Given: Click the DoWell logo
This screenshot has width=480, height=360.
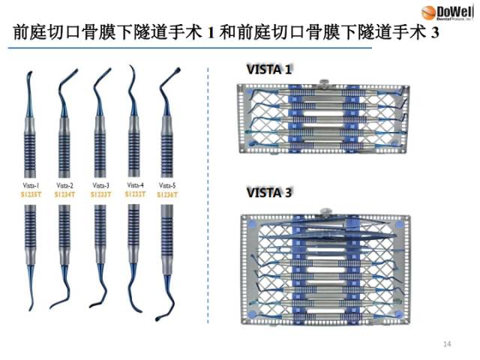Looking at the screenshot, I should [x=448, y=13].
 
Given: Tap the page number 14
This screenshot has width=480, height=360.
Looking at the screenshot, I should [x=448, y=344].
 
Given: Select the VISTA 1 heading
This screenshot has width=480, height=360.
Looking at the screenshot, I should [x=269, y=70].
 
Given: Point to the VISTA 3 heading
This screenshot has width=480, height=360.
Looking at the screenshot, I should [x=269, y=193].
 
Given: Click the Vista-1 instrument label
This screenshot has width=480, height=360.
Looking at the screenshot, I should [x=31, y=184].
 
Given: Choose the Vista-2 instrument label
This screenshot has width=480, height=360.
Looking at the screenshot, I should [x=65, y=184].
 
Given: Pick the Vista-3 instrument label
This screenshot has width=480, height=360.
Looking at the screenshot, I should [x=100, y=184].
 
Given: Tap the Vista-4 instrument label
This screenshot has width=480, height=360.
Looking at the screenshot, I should [x=135, y=184].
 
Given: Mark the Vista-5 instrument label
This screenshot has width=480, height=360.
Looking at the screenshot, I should [x=167, y=184].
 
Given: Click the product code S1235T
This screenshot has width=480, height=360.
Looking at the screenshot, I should [x=31, y=194].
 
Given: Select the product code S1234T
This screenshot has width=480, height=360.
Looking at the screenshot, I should [x=65, y=194].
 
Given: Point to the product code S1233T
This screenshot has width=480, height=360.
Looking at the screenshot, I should [x=100, y=194].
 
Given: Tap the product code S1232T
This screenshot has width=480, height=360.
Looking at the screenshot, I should [x=135, y=193].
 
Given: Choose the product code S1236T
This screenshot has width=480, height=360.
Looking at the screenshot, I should [x=167, y=194].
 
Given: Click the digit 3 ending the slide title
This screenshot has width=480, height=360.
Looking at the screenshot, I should [x=433, y=34].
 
